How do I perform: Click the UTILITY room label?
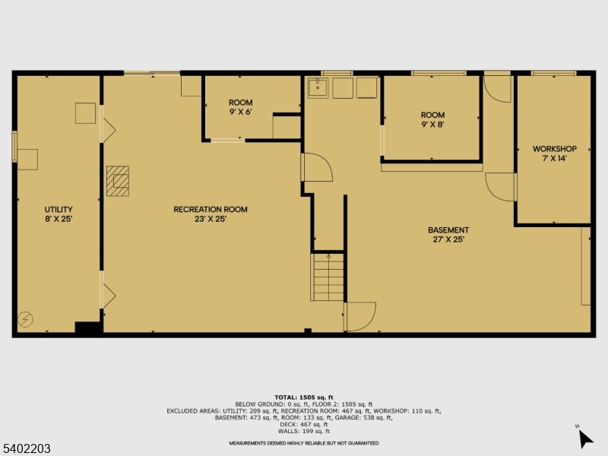pos(59,214)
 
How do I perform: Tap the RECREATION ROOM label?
pos(211,214)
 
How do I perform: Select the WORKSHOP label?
pos(555,154)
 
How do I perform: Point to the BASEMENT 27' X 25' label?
pos(448,235)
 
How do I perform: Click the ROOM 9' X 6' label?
pos(240,107)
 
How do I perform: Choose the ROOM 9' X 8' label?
pos(432,119)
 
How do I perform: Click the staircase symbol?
pos(328,277)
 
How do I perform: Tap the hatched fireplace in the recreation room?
pos(118,181)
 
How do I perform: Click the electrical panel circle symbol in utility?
pos(26,319)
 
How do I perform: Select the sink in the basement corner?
pos(318,87)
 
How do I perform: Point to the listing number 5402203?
pos(25,448)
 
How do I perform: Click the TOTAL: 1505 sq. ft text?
pos(303,397)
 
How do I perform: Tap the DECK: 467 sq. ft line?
pos(303,424)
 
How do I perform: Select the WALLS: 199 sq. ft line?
pos(303,431)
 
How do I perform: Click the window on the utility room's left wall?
pos(14,146)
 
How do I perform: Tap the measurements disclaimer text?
pos(303,443)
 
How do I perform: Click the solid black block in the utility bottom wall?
pos(88,328)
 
